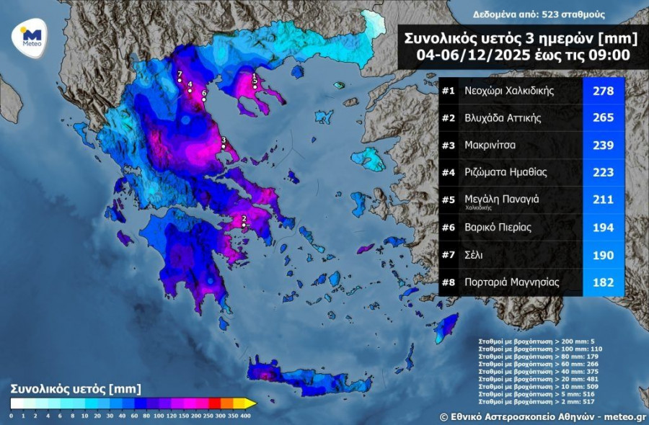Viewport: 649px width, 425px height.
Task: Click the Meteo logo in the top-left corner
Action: (30, 37)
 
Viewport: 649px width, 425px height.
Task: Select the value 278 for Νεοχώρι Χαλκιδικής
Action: (603, 91)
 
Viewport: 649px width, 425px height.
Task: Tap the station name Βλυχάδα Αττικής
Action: (503, 118)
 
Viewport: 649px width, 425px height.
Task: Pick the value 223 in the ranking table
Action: (603, 173)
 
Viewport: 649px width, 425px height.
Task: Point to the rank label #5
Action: (449, 200)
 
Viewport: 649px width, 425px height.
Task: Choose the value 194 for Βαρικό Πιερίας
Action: (603, 228)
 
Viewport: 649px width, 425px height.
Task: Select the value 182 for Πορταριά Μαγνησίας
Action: (603, 282)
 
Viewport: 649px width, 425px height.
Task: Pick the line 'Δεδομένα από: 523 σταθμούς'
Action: (539, 14)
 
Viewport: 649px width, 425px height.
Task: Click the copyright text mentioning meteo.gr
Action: (543, 416)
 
